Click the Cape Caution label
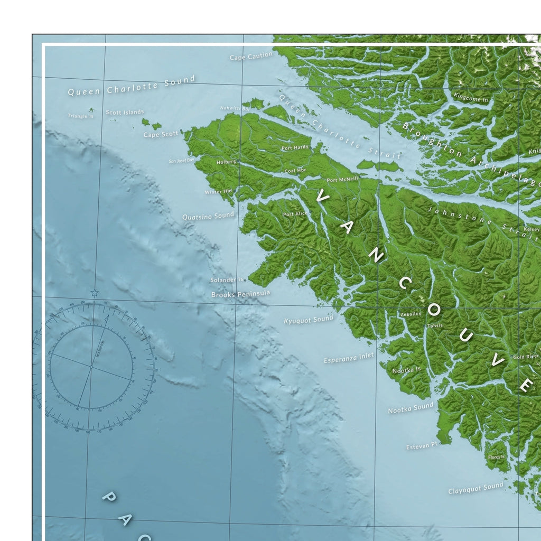pyautogui.click(x=251, y=56)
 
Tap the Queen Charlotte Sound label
pyautogui.click(x=132, y=86)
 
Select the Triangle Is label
pyautogui.click(x=80, y=116)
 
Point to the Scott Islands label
pyautogui.click(x=125, y=112)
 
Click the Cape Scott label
pyautogui.click(x=161, y=134)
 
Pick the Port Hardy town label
pyautogui.click(x=295, y=148)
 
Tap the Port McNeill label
pyautogui.click(x=342, y=180)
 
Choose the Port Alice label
pyautogui.click(x=295, y=214)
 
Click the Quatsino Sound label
pyautogui.click(x=208, y=216)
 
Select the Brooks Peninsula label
pyautogui.click(x=240, y=293)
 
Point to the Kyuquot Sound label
pyautogui.click(x=309, y=320)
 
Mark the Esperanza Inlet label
pyautogui.click(x=349, y=358)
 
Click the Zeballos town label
pyautogui.click(x=411, y=314)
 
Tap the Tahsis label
pyautogui.click(x=435, y=326)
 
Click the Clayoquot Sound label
pyautogui.click(x=475, y=489)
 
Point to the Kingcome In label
pyautogui.click(x=471, y=98)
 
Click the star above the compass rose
pyautogui.click(x=94, y=292)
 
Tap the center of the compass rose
pyautogui.click(x=91, y=366)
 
